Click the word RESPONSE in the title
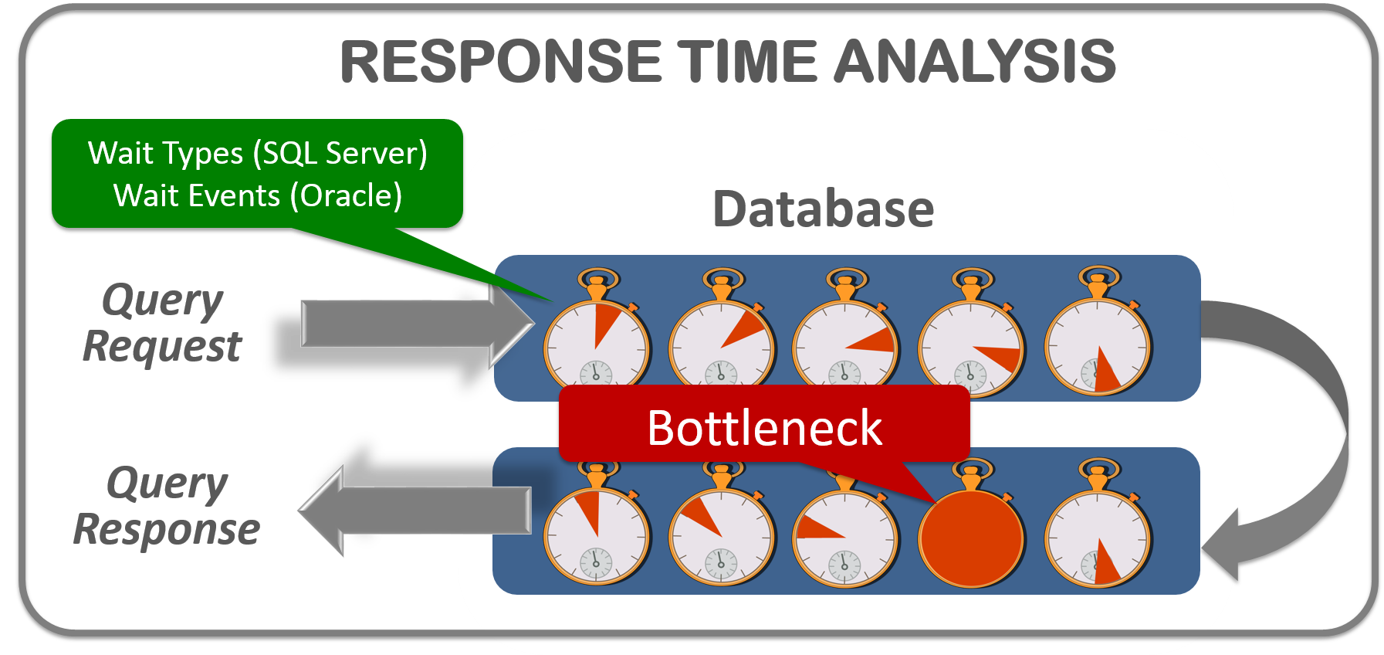501,61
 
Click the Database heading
823,209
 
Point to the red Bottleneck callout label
764,427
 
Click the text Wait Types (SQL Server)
257,153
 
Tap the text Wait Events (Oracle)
257,195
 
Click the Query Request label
162,323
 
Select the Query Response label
167,507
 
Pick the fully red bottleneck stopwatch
971,537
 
